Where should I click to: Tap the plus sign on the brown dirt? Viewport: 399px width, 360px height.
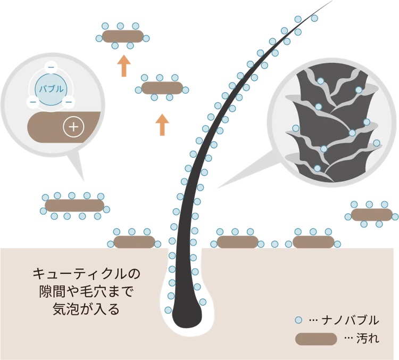click(x=73, y=127)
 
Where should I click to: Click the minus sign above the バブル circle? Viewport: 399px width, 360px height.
click(x=51, y=68)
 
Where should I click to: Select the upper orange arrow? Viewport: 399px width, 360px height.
click(x=123, y=66)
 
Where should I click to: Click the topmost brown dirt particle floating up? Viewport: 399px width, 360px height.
click(x=122, y=36)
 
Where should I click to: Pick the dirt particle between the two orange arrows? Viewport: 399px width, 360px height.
click(x=162, y=87)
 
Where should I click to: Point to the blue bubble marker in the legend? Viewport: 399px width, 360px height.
click(x=299, y=320)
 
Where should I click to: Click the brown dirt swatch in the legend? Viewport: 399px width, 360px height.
click(x=316, y=339)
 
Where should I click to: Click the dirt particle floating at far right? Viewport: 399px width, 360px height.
click(x=371, y=215)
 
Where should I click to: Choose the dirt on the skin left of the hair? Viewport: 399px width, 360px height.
click(x=134, y=242)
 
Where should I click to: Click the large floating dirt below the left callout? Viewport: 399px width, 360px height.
click(x=74, y=206)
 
